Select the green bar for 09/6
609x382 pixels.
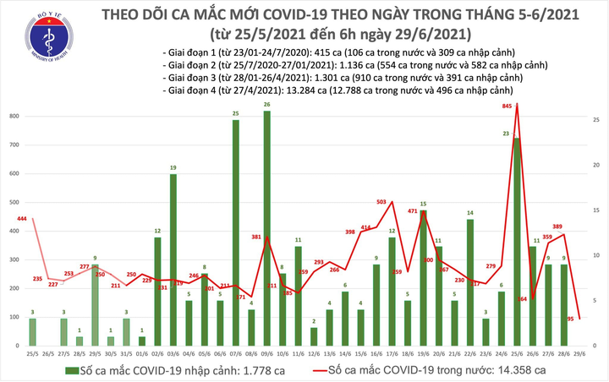266,228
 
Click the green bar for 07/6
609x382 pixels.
235,232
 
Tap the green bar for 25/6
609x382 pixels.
516,242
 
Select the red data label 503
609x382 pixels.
382,202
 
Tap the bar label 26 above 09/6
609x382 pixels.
266,105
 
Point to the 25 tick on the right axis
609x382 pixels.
597,121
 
